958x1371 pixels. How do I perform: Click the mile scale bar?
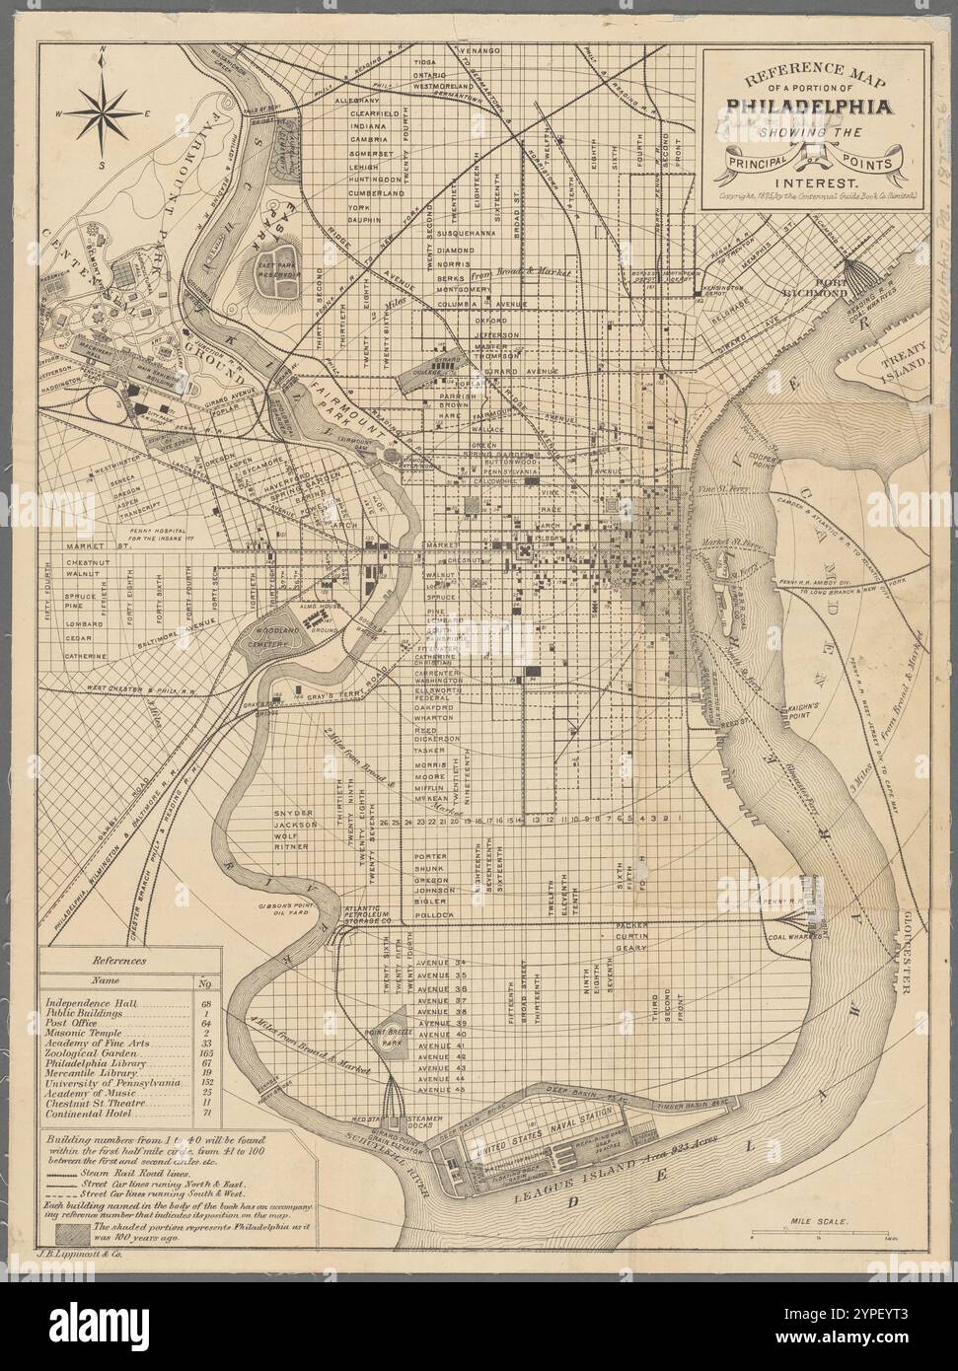821,1234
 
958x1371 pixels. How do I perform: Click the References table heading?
118,959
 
